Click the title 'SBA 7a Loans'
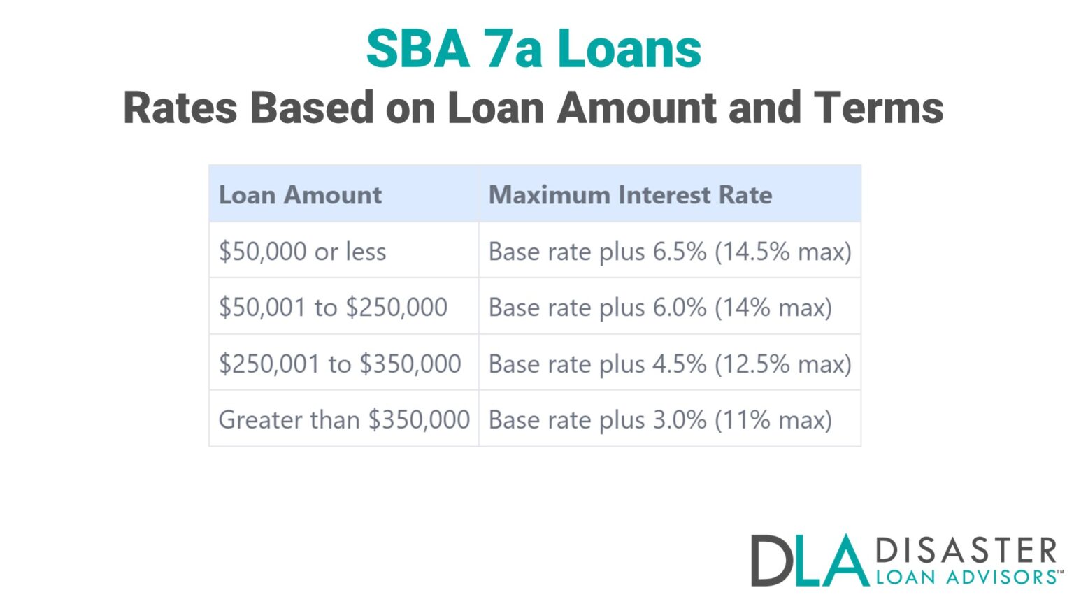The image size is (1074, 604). pos(534,49)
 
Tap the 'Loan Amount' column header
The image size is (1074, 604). pos(301,194)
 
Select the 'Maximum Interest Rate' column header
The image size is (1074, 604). pos(630,194)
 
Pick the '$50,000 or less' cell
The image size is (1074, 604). pos(303,251)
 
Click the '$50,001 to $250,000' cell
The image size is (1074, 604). pos(333,307)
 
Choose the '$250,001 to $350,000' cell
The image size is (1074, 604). pos(340,364)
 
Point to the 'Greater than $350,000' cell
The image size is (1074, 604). pos(344,419)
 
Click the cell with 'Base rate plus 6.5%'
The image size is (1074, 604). pos(598,251)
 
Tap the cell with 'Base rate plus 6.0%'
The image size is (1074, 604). pos(598,307)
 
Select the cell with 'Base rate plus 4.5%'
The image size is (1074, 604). pos(598,364)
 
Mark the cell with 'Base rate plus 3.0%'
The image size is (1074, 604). pos(598,419)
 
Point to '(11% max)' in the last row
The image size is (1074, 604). pos(773,419)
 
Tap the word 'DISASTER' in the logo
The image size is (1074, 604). pos(966,551)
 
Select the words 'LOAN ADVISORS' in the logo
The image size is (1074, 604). pos(966,577)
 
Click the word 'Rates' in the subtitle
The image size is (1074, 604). pos(180,108)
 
